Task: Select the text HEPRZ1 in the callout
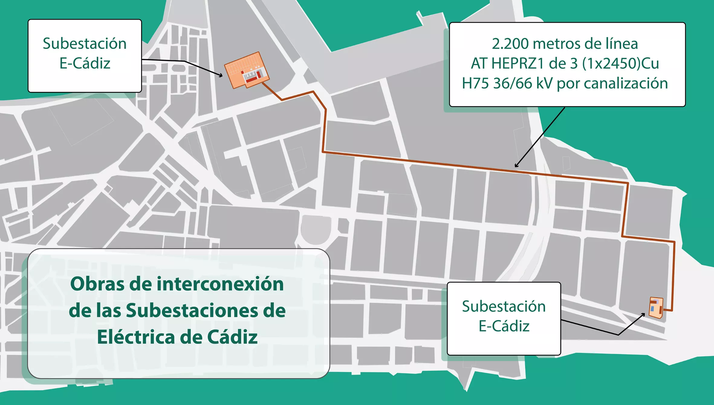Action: click(518, 64)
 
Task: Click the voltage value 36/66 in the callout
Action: click(513, 83)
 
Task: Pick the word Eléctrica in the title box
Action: click(131, 337)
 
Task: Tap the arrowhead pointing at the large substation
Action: click(221, 75)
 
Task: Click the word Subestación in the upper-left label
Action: click(85, 44)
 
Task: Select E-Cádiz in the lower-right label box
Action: click(504, 326)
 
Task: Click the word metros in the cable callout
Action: click(557, 44)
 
